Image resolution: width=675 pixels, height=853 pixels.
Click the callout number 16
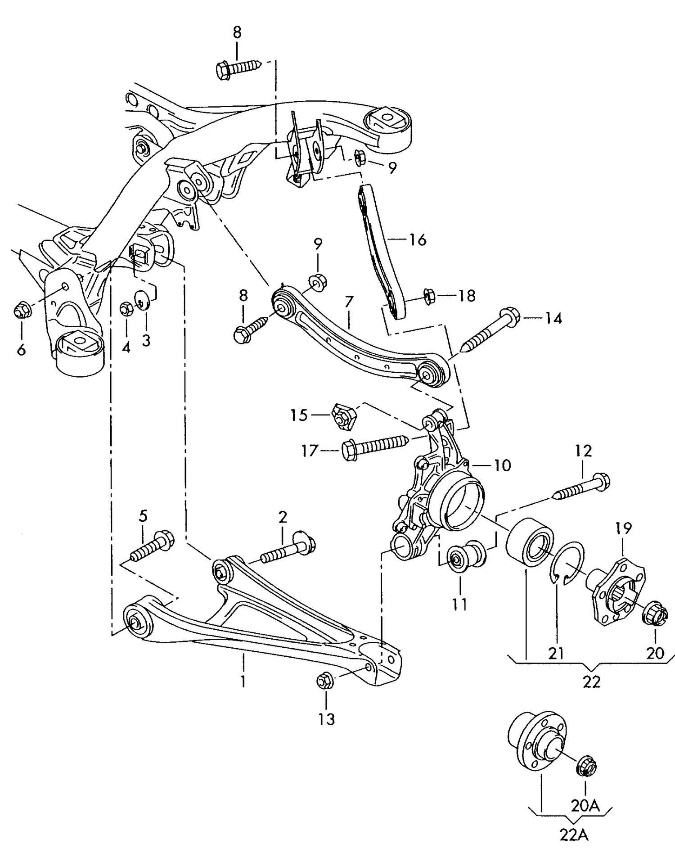coord(418,239)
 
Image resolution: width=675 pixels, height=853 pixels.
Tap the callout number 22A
coord(574,835)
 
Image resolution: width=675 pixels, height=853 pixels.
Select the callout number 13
coord(327,719)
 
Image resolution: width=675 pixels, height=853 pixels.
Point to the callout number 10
coord(502,465)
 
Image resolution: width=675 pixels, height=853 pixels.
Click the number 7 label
coord(349,302)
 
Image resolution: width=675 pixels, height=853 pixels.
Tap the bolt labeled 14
coord(490,331)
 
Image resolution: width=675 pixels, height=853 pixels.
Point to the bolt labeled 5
coord(152,546)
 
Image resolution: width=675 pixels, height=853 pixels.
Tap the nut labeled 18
coord(429,296)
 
